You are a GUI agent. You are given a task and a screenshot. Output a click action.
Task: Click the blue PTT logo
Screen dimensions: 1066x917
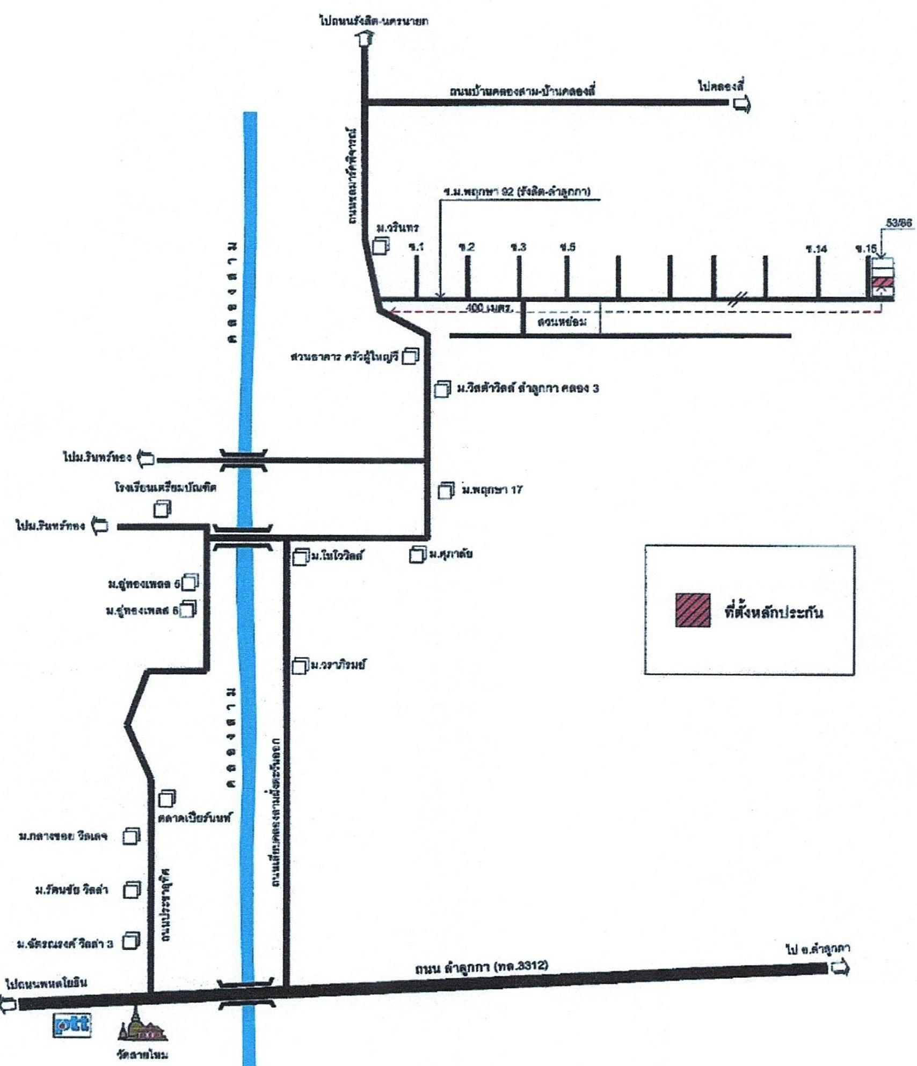pyautogui.click(x=72, y=1025)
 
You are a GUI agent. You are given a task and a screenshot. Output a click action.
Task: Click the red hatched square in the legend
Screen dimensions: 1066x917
pyautogui.click(x=693, y=610)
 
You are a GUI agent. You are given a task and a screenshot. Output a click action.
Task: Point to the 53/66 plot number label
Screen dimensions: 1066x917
pyautogui.click(x=899, y=223)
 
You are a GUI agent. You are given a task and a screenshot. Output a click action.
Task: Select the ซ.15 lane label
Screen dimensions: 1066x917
pyautogui.click(x=866, y=249)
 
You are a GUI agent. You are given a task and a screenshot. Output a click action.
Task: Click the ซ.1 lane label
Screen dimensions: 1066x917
pyautogui.click(x=416, y=247)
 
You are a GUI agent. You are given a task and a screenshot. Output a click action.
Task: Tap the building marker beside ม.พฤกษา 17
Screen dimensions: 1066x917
pyautogui.click(x=446, y=491)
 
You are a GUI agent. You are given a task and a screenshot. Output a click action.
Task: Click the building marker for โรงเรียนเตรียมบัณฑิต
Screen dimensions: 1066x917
pyautogui.click(x=162, y=508)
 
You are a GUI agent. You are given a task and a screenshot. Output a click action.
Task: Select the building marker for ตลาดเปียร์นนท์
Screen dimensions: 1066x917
pyautogui.click(x=167, y=798)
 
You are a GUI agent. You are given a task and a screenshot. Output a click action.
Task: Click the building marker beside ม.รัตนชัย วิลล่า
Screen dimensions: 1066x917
pyautogui.click(x=132, y=890)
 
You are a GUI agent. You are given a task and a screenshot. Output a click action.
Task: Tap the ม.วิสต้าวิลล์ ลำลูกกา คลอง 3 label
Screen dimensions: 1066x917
pyautogui.click(x=527, y=388)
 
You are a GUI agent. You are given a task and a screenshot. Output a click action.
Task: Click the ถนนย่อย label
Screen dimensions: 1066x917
pyautogui.click(x=562, y=322)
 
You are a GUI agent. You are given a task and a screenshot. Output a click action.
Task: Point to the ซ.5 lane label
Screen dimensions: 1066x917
pyautogui.click(x=567, y=247)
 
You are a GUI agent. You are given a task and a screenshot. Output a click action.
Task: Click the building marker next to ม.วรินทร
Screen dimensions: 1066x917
pyautogui.click(x=381, y=246)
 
